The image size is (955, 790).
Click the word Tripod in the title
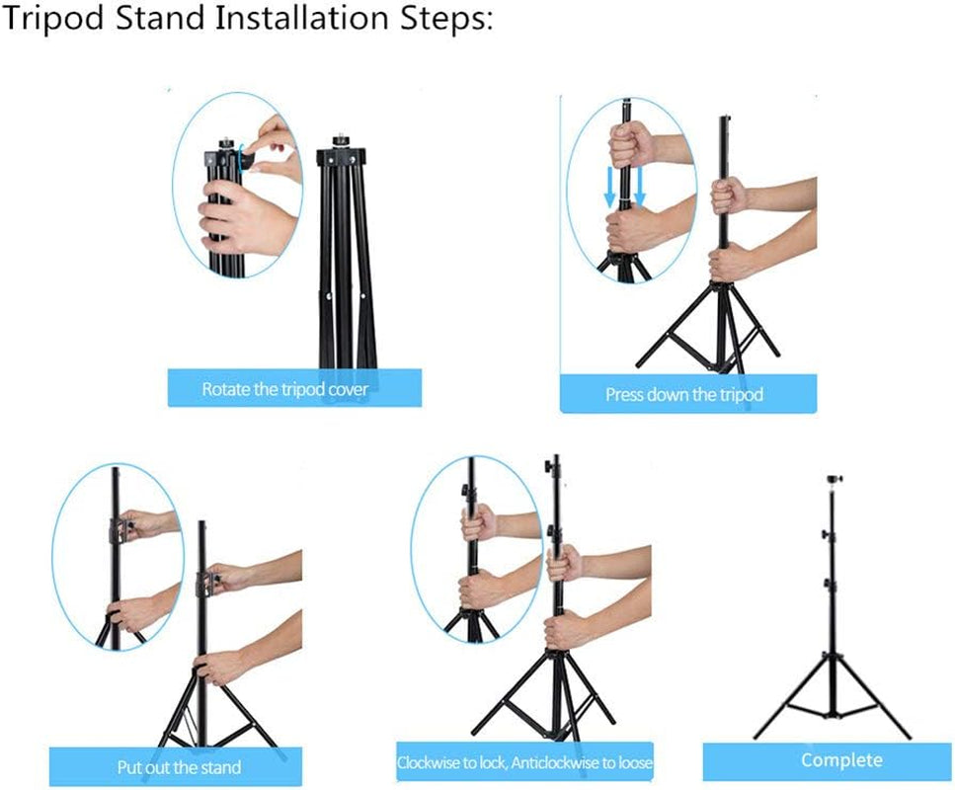[x=55, y=20]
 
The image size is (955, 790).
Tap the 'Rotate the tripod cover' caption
[x=284, y=389]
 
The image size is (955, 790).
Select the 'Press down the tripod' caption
[x=684, y=395]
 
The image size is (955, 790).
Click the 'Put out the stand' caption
[x=179, y=766]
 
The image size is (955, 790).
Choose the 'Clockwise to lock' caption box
[x=524, y=762]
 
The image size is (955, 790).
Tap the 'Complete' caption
[x=841, y=759]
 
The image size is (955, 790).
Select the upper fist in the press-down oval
[x=626, y=145]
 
